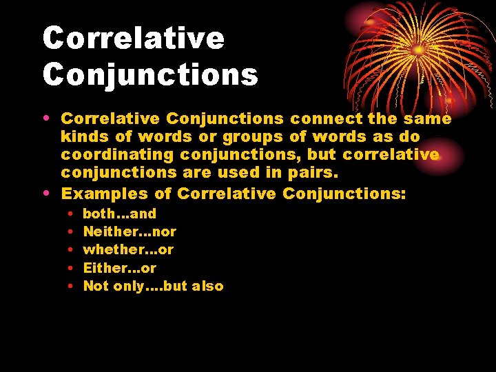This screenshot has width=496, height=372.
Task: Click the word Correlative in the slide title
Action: coord(133,38)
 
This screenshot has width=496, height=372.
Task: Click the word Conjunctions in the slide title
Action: coord(150,74)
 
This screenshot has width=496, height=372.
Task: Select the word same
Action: coord(431,119)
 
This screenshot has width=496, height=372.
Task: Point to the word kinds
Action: coord(85,137)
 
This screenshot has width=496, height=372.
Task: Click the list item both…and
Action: coord(119,214)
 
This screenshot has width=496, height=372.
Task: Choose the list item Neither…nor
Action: coord(129,232)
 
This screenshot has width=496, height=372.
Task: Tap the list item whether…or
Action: coord(128,250)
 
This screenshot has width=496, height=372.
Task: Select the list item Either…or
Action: coord(119,268)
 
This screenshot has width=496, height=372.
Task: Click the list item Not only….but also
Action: coord(153,286)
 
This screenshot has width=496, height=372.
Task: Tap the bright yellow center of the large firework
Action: coord(418,50)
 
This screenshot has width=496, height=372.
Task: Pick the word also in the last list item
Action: coord(208,286)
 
